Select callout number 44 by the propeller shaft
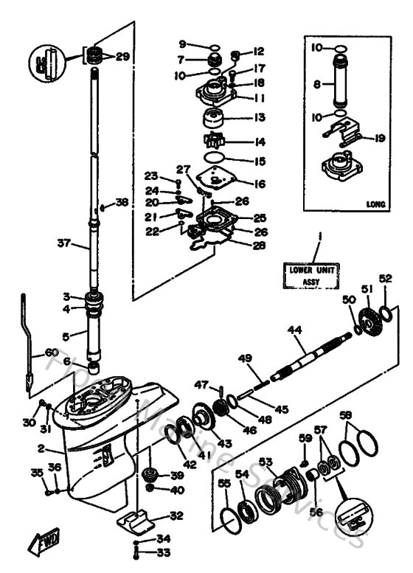(x=296, y=333)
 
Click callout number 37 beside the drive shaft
(x=63, y=243)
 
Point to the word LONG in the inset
(x=376, y=204)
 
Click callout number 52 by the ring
(x=386, y=279)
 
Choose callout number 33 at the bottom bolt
(x=163, y=552)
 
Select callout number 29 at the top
(x=122, y=56)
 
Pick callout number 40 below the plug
(x=177, y=490)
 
